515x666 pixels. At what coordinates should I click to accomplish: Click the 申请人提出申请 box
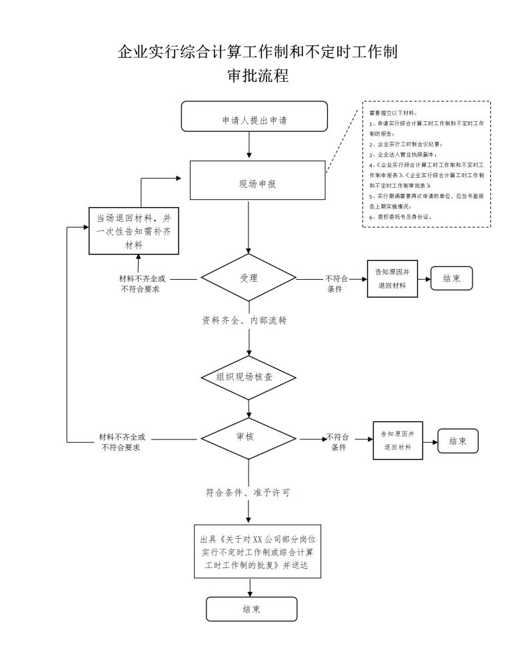[x=255, y=117]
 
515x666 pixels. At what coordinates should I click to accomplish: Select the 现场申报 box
[x=257, y=180]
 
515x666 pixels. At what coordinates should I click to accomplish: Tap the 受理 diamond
[x=249, y=278]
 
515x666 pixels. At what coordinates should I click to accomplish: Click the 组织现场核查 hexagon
[x=249, y=377]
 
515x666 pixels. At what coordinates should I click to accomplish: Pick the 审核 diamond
[x=249, y=438]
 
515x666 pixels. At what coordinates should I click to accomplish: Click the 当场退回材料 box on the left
[x=134, y=230]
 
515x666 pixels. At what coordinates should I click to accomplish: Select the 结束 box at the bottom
[x=251, y=609]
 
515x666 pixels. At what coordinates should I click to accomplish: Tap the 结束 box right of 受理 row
[x=452, y=278]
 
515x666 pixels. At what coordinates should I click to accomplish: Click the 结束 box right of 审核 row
[x=458, y=441]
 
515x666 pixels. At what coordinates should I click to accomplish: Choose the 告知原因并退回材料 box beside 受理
[x=392, y=278]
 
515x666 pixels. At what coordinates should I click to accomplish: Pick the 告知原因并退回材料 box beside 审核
[x=398, y=440]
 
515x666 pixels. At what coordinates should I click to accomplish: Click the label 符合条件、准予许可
[x=247, y=494]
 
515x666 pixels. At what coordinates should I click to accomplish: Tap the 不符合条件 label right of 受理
[x=336, y=284]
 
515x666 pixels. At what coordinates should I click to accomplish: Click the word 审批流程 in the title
[x=258, y=76]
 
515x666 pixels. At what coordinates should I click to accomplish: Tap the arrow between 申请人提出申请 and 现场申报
[x=249, y=146]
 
